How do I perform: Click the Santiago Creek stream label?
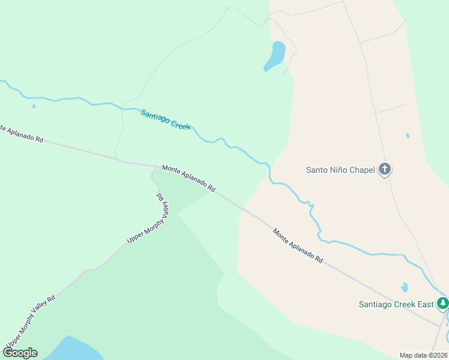pos(166,119)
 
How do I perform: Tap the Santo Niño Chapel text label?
pos(340,170)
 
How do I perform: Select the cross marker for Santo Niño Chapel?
pos(385,170)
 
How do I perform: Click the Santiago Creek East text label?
pos(396,304)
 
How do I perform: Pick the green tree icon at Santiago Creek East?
pos(442,303)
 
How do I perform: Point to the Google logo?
pos(20,353)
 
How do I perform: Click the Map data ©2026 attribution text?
pos(424,355)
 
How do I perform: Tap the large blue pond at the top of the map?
pos(276,56)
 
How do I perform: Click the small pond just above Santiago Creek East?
pos(404,287)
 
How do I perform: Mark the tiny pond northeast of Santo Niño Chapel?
pos(408,136)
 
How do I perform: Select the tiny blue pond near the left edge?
pos(34,106)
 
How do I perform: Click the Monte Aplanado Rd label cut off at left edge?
pos(22,134)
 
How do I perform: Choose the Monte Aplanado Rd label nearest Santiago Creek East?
pos(298,245)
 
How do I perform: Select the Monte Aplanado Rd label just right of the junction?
pos(188,179)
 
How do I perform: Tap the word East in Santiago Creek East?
pos(425,304)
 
